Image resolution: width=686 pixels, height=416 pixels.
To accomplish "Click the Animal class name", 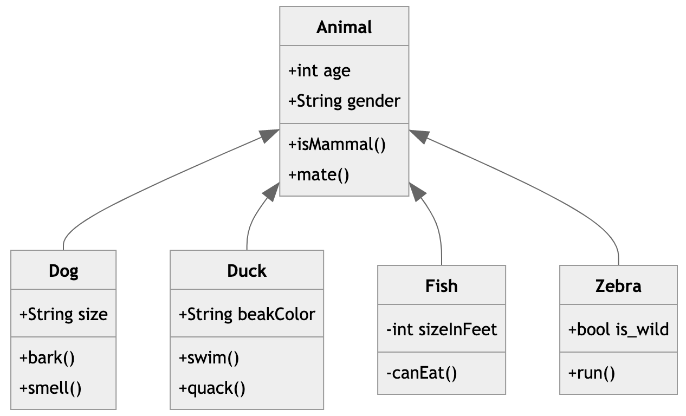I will click(x=344, y=27).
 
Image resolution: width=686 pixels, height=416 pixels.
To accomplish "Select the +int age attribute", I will click(x=319, y=71).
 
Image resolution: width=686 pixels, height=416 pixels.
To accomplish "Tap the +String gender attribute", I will click(x=344, y=101).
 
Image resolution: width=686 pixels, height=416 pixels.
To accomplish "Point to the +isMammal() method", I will click(x=337, y=145).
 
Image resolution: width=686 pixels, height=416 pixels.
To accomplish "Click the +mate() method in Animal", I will click(x=319, y=175).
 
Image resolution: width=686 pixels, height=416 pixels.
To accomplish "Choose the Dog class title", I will click(x=63, y=270).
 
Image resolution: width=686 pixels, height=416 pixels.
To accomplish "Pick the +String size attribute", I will click(x=63, y=314).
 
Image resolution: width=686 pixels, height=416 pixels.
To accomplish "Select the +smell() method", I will click(x=50, y=388).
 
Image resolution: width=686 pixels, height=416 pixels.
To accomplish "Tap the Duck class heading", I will click(x=247, y=270).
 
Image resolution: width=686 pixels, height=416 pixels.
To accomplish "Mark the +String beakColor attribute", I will click(x=247, y=314).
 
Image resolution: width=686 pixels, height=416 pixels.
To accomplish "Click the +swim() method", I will click(x=209, y=358).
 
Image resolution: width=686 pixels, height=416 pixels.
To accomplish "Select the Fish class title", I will click(x=442, y=285).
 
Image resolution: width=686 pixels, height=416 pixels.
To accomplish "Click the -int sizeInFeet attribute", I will click(x=442, y=329).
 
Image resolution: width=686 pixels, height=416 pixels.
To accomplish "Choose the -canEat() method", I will click(x=422, y=373).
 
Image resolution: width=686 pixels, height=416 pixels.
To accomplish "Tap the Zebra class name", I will click(x=618, y=285).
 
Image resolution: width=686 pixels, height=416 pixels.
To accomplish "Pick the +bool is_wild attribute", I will click(x=618, y=329).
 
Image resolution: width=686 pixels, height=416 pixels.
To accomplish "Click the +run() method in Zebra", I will click(x=592, y=373).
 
